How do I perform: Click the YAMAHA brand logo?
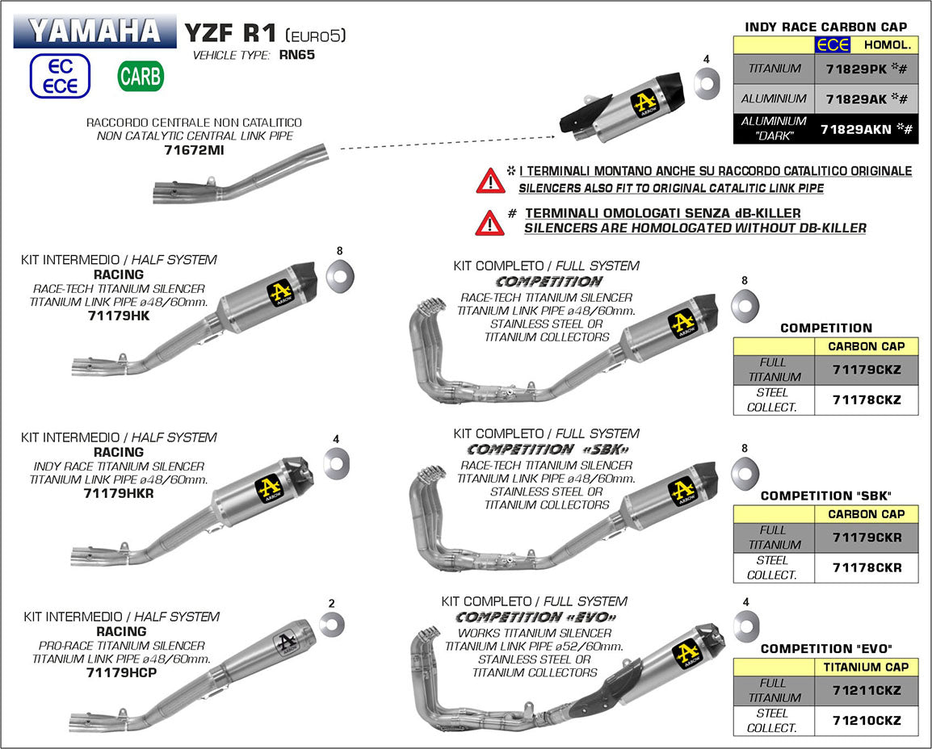(94, 31)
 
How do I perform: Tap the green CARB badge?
(141, 77)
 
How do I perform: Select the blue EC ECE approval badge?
(61, 77)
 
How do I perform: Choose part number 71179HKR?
(118, 493)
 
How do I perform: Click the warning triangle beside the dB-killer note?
(489, 220)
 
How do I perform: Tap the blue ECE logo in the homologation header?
(832, 45)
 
